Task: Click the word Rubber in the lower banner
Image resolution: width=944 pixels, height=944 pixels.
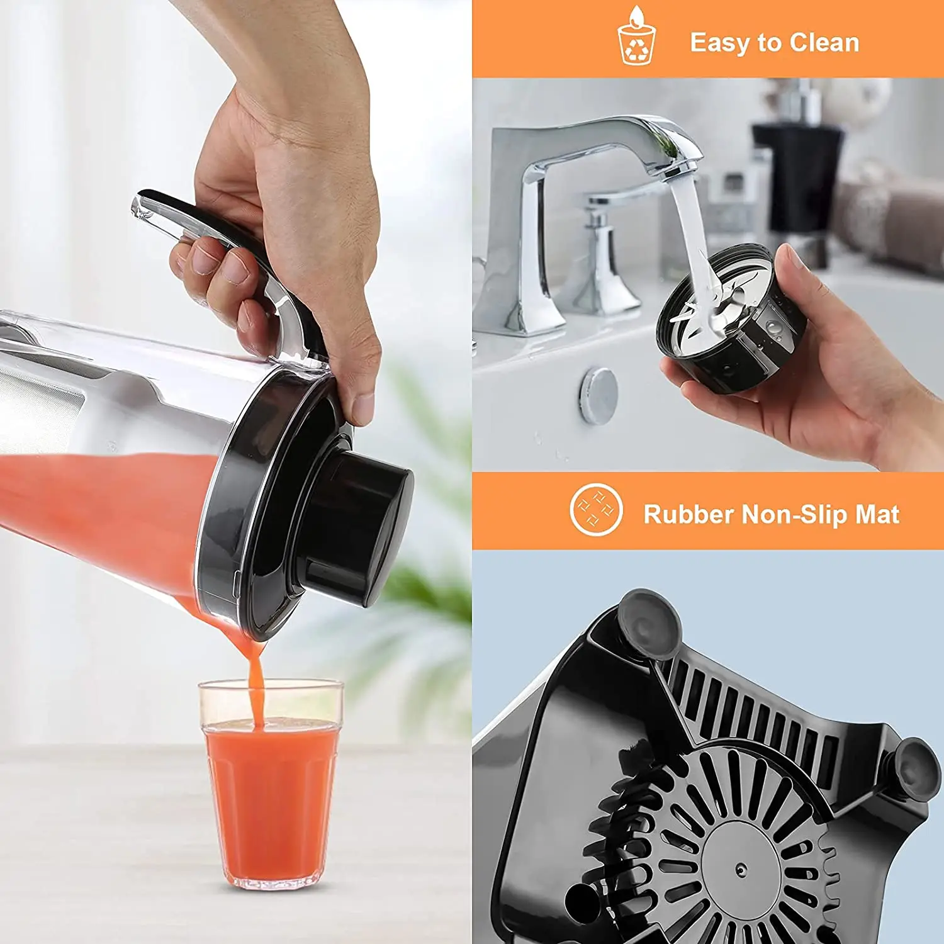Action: coord(688,514)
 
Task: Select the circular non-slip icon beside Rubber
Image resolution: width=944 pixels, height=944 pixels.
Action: coord(596,510)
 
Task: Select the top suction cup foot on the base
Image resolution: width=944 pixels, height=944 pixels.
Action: coord(648,623)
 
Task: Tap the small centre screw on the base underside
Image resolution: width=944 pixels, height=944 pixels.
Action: coord(742,870)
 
